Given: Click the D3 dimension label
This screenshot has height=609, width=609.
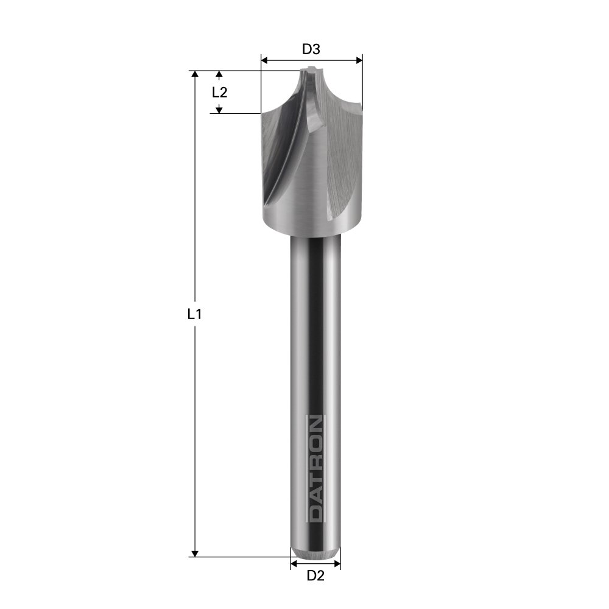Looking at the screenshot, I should coord(311,49).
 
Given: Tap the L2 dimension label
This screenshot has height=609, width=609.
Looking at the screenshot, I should coord(219,93).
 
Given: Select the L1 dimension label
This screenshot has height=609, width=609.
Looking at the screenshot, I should coord(194,314).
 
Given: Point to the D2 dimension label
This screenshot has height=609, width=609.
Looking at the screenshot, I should coord(315,576).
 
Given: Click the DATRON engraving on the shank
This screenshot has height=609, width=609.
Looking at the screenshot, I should coord(315,468).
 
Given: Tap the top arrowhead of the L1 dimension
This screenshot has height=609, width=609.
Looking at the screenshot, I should coord(195,74).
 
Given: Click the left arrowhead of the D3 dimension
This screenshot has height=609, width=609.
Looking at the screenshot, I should coord(264,60).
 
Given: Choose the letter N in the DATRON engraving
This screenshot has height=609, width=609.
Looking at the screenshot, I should coord(315,423).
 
